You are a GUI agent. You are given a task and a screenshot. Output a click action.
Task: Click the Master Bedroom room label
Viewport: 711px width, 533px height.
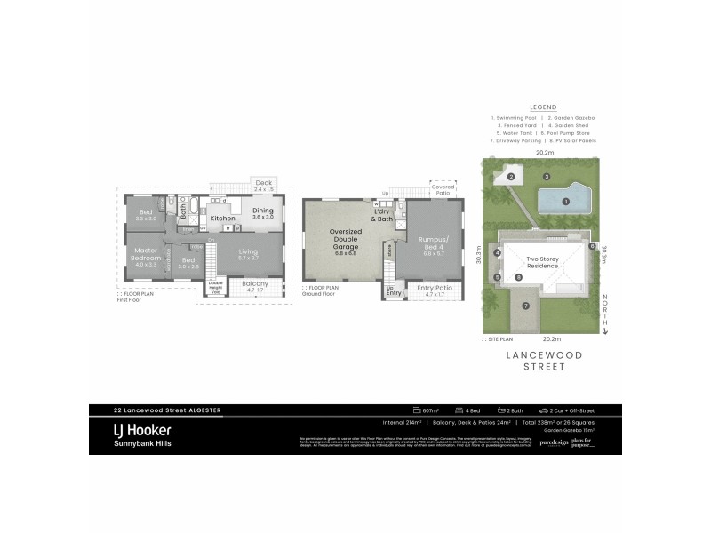145,255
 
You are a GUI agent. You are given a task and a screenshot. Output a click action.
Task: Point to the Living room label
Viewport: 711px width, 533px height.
249,254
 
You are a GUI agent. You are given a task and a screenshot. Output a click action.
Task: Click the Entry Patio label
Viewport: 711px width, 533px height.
433,288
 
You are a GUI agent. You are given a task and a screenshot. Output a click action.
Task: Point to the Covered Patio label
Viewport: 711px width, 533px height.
443,189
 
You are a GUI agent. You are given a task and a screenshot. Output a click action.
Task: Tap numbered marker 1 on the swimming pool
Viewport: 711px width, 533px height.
566,202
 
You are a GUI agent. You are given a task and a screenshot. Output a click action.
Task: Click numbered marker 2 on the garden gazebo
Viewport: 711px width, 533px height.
512,177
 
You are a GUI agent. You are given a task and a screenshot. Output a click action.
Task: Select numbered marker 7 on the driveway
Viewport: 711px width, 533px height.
525,306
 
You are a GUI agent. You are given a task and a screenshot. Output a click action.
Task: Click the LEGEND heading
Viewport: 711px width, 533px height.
542,106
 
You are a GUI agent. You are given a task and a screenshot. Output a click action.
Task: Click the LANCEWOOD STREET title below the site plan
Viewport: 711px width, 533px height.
543,367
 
